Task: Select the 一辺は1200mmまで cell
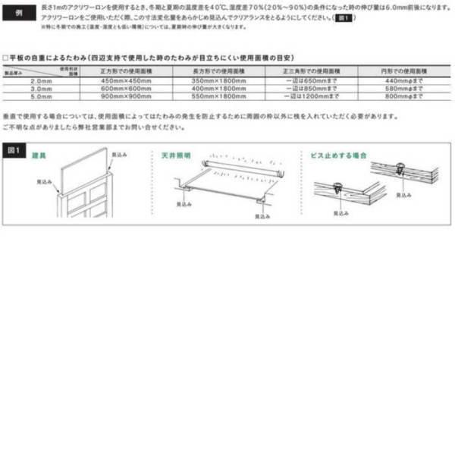tap(310, 96)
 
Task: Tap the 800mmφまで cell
tap(402, 96)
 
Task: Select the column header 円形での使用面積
tap(402, 70)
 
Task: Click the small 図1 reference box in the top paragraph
tap(344, 16)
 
